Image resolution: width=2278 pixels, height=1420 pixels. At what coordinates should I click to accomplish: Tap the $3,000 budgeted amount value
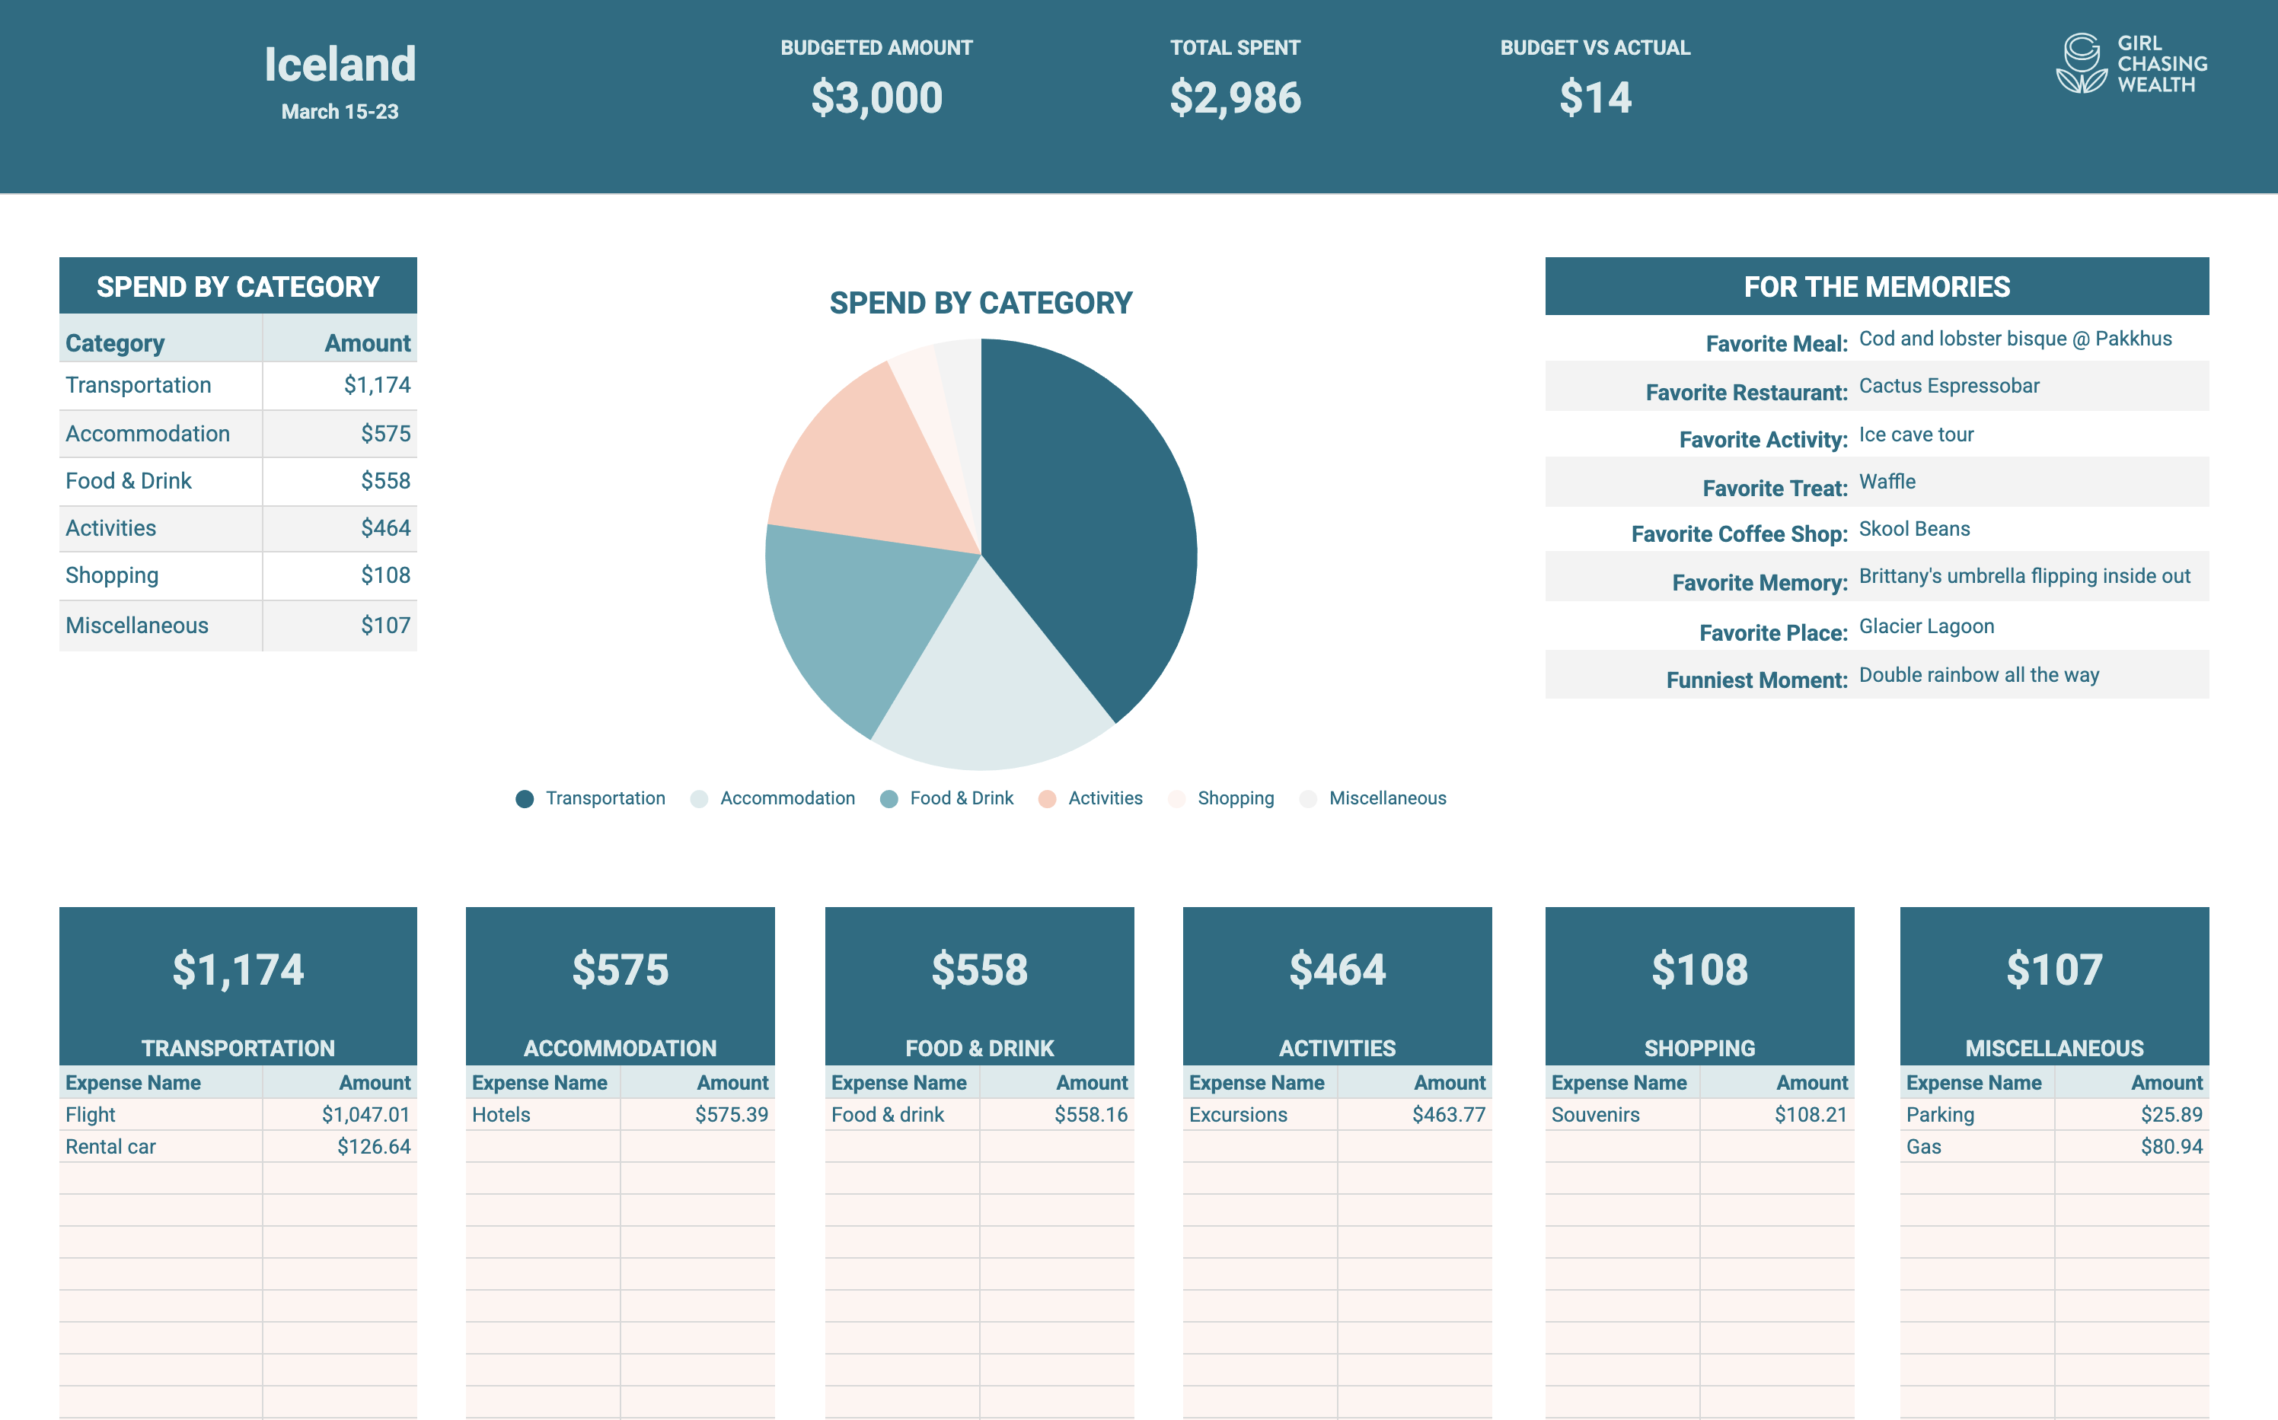(876, 97)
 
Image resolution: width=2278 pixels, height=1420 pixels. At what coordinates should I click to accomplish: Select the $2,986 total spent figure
(1234, 97)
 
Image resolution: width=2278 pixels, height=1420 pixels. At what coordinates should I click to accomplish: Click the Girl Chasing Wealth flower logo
(2081, 64)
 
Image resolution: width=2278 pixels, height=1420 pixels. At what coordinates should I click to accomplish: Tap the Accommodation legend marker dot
(699, 799)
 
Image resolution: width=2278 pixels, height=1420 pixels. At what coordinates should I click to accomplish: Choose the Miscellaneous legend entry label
(1386, 798)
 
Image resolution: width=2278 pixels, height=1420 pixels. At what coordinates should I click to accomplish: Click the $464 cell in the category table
(385, 529)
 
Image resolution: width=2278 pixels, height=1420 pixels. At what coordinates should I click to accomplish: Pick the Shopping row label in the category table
(112, 576)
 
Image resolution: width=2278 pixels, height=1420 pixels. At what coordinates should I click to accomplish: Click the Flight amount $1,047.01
(365, 1115)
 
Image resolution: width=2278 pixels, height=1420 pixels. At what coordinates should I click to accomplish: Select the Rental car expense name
(111, 1147)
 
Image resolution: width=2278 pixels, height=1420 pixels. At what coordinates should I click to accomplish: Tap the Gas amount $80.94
(2171, 1147)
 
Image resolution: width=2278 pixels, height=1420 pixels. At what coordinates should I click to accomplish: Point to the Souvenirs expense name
(1595, 1115)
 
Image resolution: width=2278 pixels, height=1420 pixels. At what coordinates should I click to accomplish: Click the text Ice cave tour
(1916, 435)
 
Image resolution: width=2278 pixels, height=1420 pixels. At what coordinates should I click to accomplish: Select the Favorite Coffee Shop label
(1739, 534)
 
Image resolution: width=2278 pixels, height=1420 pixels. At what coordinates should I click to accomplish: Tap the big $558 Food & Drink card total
(979, 969)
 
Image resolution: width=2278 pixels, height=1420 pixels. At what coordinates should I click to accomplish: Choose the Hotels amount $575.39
(731, 1115)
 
